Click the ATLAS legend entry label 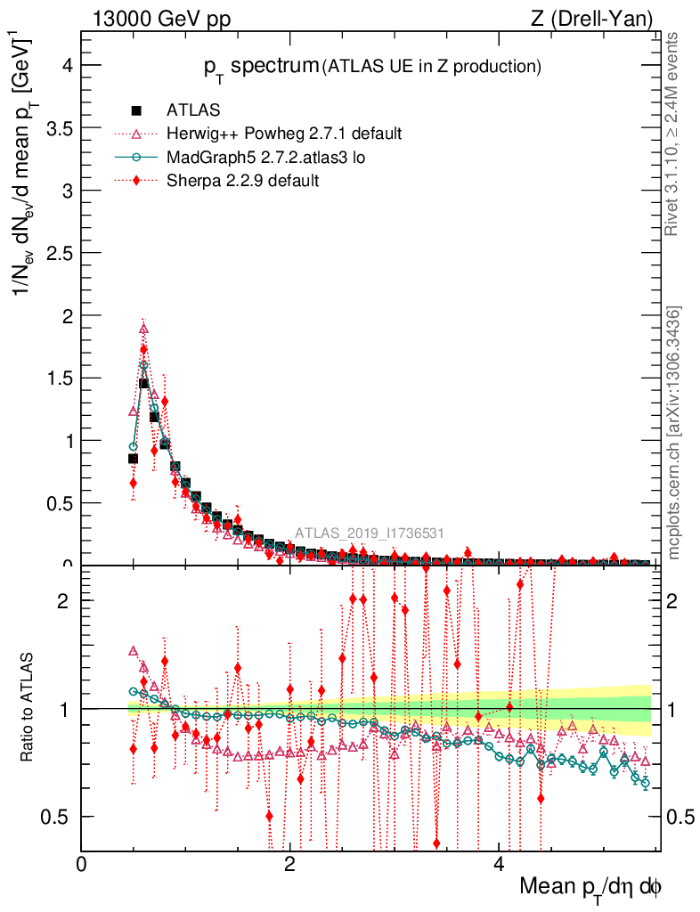point(193,110)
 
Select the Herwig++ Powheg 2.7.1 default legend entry point(284,134)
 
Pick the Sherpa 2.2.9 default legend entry point(242,180)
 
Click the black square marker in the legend point(136,110)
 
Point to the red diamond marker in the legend point(136,180)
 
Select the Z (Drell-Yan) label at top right point(600,19)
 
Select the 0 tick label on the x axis point(82,863)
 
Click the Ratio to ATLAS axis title point(29,709)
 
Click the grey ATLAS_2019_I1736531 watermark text point(370,533)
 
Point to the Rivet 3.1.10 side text point(675,134)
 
